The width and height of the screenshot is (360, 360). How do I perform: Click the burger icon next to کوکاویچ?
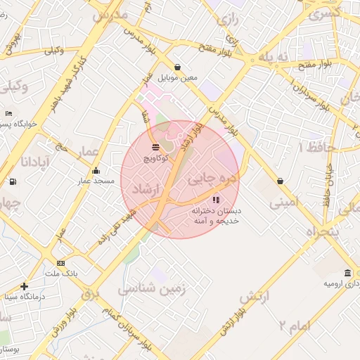[x=155, y=148]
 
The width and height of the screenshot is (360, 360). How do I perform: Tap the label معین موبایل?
[x=176, y=77]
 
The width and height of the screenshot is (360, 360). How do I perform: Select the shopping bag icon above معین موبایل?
[x=176, y=67]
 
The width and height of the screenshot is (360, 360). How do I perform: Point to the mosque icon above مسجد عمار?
[x=96, y=171]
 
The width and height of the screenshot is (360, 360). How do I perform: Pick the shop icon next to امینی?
[x=281, y=181]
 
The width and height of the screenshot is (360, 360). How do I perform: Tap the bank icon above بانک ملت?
[x=60, y=263]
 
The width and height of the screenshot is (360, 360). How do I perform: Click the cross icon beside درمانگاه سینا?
[x=25, y=286]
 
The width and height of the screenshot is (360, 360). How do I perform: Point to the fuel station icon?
[x=13, y=181]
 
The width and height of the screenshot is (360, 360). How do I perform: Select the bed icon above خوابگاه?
[x=8, y=113]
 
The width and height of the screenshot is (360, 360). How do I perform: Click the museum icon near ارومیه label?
[x=348, y=273]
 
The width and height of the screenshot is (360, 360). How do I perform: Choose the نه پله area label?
[x=274, y=56]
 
